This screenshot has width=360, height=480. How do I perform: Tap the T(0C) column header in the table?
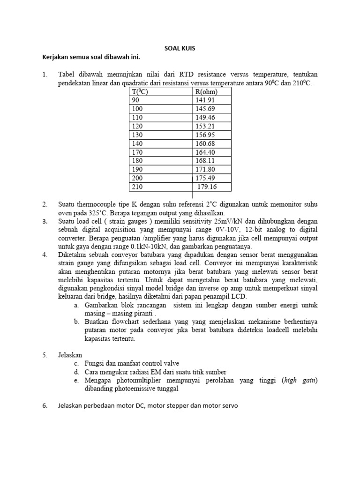141,91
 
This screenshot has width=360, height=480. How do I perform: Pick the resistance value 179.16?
207,187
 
